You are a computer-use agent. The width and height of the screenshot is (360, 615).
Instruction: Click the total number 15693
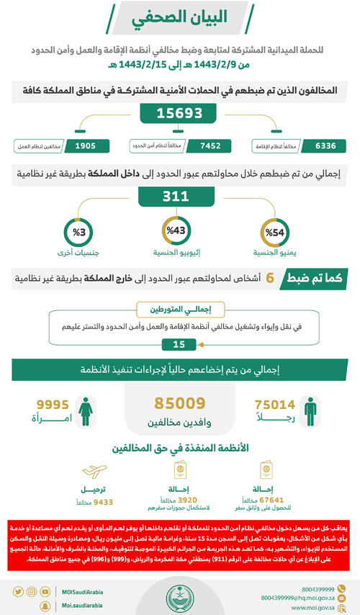click(x=180, y=114)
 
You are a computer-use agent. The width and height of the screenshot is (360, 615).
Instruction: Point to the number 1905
click(x=84, y=146)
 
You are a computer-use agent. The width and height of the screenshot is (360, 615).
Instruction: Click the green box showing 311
click(x=180, y=196)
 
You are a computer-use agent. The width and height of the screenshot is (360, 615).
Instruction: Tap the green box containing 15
click(x=174, y=344)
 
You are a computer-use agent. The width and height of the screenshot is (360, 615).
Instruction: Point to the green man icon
click(x=310, y=411)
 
